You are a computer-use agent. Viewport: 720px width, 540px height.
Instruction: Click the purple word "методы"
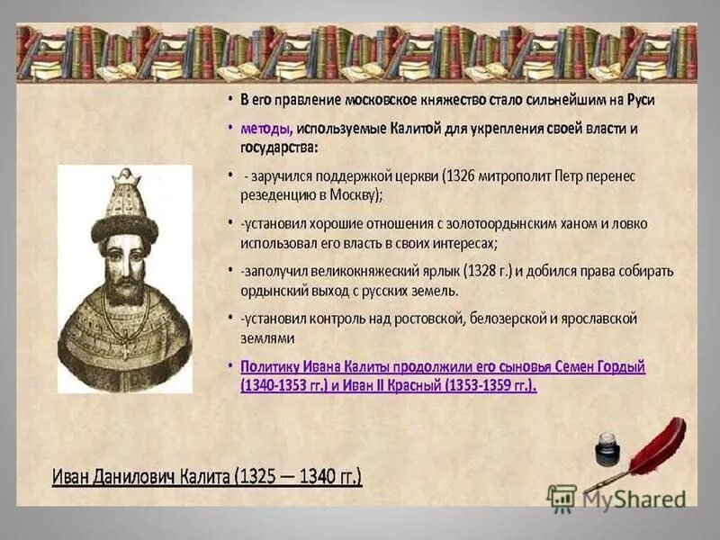click(265, 129)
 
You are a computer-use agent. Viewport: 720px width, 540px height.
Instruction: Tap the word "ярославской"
click(598, 318)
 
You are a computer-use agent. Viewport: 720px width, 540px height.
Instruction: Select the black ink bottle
click(608, 447)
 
